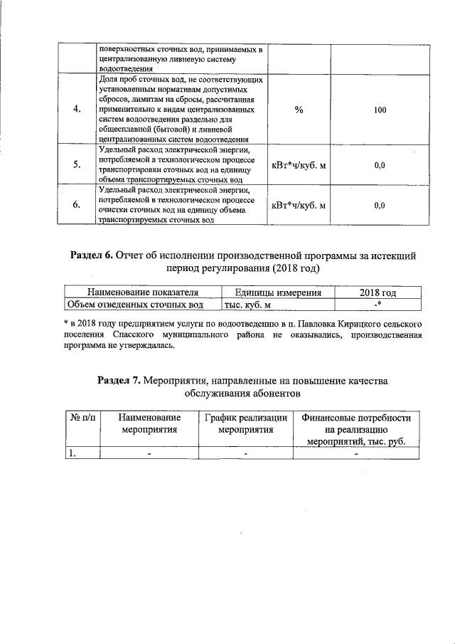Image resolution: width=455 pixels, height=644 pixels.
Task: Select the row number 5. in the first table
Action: tap(76, 165)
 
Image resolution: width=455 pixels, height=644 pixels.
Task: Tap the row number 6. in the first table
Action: tap(76, 206)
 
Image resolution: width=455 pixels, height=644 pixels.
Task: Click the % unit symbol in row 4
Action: tap(298, 110)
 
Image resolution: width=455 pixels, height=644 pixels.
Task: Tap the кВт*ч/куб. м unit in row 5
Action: tap(299, 165)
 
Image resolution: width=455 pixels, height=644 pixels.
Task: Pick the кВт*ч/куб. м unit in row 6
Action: tap(299, 206)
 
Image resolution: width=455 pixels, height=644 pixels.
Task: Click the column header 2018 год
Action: tap(378, 292)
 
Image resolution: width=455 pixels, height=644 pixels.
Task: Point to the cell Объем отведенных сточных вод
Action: tap(134, 305)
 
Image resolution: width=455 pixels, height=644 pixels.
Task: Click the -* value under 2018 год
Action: tap(378, 305)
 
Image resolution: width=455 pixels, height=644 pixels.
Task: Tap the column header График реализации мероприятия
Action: tap(245, 423)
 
